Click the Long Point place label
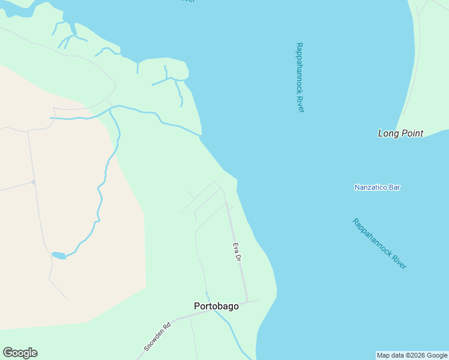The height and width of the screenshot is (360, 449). coord(400,133)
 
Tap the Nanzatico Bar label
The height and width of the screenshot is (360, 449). coord(377,187)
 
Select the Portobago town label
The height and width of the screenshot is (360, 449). coord(216,306)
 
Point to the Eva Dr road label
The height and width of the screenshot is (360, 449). coord(237,251)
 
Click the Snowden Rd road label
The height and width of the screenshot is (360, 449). coord(157,337)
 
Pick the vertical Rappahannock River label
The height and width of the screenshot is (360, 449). coord(300,77)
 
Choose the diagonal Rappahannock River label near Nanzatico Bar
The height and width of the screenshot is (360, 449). coord(379,244)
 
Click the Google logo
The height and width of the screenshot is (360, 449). coord(20,353)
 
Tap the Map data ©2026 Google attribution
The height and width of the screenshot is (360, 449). coord(412,355)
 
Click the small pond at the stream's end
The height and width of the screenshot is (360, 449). coord(58,256)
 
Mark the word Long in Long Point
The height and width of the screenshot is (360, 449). coord(389,133)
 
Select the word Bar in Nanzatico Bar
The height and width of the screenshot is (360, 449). coord(394,187)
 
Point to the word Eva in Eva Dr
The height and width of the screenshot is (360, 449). coord(236,247)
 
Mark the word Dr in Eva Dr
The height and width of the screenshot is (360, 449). coord(238,257)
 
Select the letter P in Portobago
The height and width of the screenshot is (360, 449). coord(197,306)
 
